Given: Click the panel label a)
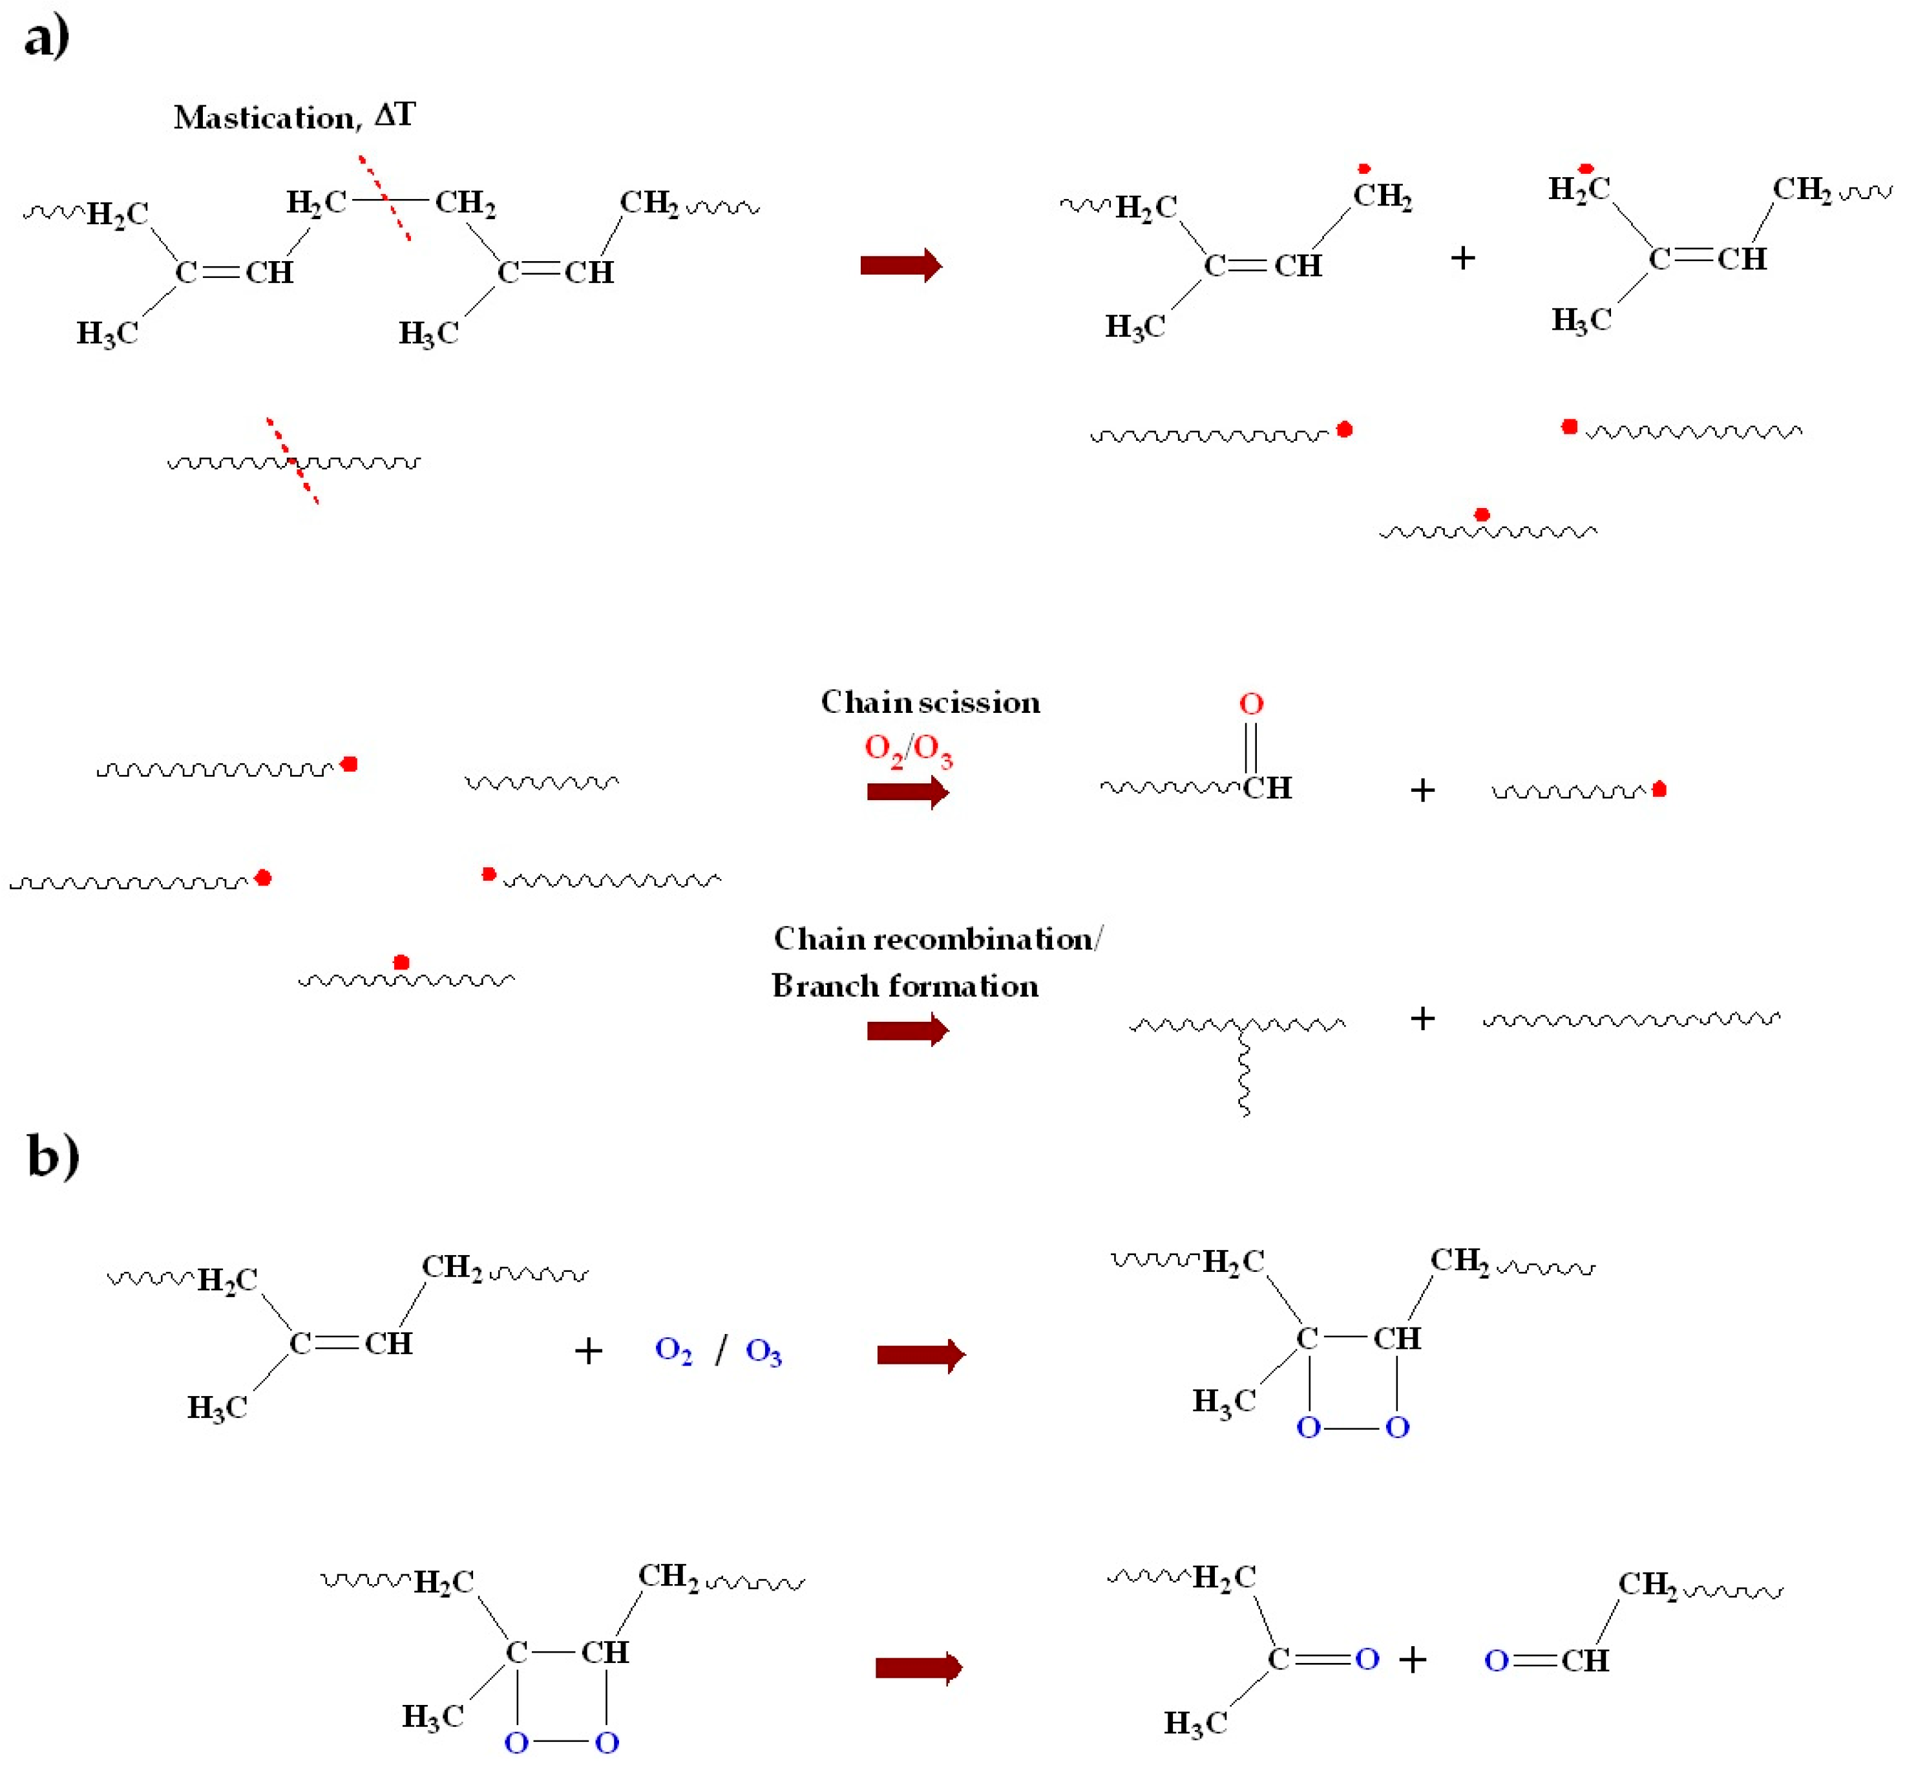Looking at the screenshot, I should (x=46, y=39).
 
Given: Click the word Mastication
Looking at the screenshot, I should (x=264, y=118).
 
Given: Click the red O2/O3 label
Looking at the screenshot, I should (x=907, y=750).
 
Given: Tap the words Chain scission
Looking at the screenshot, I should (x=929, y=703).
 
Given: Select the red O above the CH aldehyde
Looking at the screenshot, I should (x=1250, y=704).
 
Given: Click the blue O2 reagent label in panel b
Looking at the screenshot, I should (x=673, y=1351).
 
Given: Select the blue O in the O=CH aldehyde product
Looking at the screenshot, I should (x=1496, y=1660).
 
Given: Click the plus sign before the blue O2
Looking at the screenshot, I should (x=587, y=1351).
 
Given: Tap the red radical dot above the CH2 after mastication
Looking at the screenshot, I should (x=1363, y=169).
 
